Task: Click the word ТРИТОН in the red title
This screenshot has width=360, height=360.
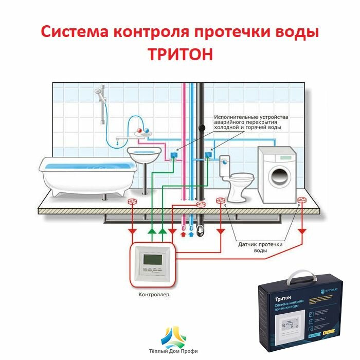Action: pyautogui.click(x=180, y=55)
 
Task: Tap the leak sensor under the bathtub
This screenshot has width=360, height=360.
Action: pyautogui.click(x=132, y=202)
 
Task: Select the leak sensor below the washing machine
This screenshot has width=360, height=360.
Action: pyautogui.click(x=301, y=202)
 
